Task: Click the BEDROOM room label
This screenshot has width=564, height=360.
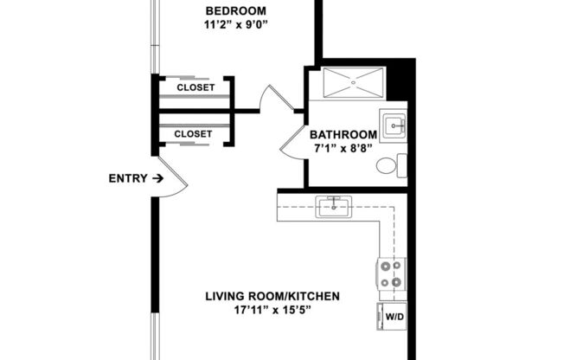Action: [x=234, y=10]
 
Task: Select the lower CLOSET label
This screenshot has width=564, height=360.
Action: [x=193, y=134]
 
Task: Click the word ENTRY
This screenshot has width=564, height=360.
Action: [x=126, y=179]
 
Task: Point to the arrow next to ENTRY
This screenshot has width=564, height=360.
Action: [x=157, y=179]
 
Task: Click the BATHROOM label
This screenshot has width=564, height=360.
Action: [x=343, y=135]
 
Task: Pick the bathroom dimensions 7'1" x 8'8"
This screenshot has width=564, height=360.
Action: [x=343, y=149]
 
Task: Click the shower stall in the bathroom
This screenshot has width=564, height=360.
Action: [x=353, y=84]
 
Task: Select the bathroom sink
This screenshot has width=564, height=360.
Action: [x=394, y=126]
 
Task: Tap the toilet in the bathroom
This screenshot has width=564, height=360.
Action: [x=394, y=165]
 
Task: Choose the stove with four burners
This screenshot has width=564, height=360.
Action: [x=390, y=273]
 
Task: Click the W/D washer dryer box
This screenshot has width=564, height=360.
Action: [x=393, y=317]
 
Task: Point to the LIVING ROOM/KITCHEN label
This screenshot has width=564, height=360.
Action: [x=272, y=297]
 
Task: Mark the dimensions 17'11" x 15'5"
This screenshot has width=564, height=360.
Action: [x=272, y=311]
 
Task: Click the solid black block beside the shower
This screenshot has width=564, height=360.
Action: [x=399, y=80]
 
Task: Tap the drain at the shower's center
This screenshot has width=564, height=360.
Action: [x=353, y=85]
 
